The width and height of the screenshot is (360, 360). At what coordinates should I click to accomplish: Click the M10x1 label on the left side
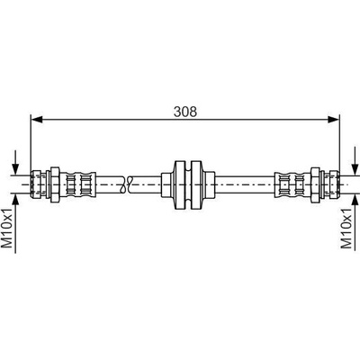click(8, 228)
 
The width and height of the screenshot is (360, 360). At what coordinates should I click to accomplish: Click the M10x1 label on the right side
click(346, 228)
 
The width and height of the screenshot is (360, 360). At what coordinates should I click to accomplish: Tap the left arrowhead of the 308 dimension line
click(37, 120)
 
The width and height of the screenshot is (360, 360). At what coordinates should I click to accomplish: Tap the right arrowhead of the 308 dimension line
click(333, 120)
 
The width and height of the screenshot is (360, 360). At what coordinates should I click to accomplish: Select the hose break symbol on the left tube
click(126, 184)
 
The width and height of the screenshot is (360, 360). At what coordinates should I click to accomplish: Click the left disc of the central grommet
click(179, 184)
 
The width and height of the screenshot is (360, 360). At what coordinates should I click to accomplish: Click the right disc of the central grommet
click(197, 184)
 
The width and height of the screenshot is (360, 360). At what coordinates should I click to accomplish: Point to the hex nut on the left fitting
click(55, 184)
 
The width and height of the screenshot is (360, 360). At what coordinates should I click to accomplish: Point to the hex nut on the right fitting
click(315, 184)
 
